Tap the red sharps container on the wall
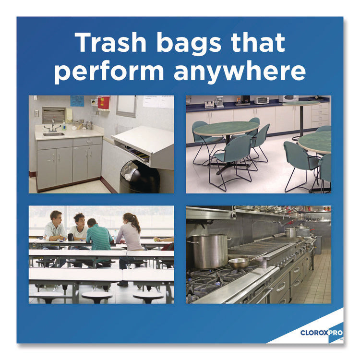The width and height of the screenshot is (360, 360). [104, 103]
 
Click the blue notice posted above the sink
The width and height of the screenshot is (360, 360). [77, 101]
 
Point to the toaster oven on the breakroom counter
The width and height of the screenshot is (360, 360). [261, 100]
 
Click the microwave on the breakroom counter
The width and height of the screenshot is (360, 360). [289, 99]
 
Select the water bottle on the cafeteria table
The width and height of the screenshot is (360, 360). [71, 236]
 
